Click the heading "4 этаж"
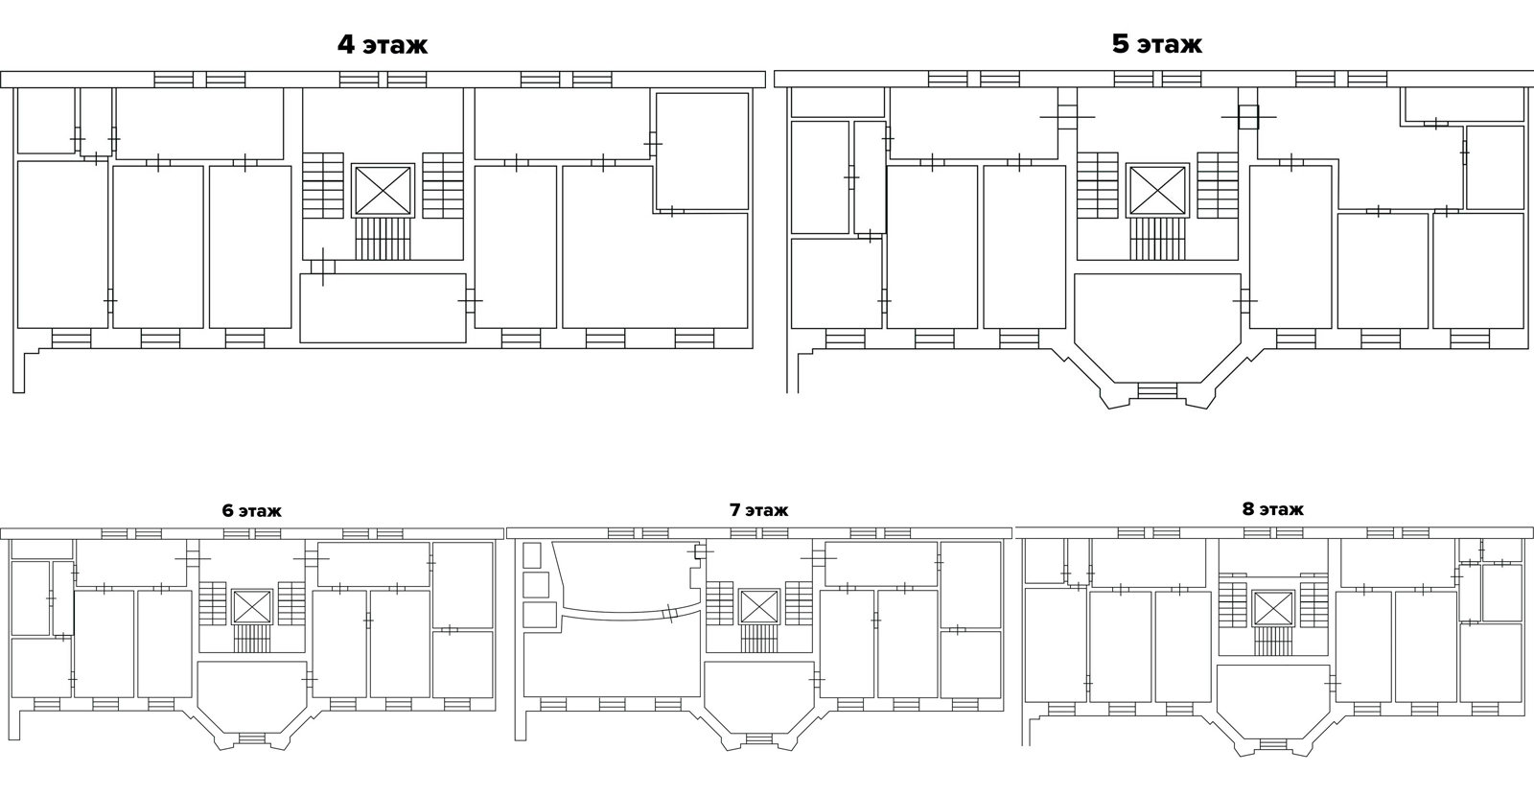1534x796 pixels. pyautogui.click(x=383, y=44)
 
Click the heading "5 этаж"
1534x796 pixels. pyautogui.click(x=1156, y=44)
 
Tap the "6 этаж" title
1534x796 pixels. pyautogui.click(x=251, y=510)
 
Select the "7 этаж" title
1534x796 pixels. pyautogui.click(x=758, y=510)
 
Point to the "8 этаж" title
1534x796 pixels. pyautogui.click(x=1273, y=509)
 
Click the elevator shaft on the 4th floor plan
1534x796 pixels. pyautogui.click(x=383, y=190)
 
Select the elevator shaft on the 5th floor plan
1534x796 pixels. pyautogui.click(x=1158, y=190)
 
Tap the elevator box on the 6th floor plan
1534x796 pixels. pyautogui.click(x=252, y=607)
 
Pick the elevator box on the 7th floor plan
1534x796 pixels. pyautogui.click(x=759, y=607)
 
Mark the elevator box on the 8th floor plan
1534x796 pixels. pyautogui.click(x=1273, y=609)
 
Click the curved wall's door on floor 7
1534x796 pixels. pyautogui.click(x=671, y=613)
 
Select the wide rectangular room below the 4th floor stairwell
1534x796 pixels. pyautogui.click(x=383, y=308)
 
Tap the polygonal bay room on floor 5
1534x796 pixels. pyautogui.click(x=1157, y=327)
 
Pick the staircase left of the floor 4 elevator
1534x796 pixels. pyautogui.click(x=323, y=185)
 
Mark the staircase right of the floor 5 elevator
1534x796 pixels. pyautogui.click(x=1218, y=185)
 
